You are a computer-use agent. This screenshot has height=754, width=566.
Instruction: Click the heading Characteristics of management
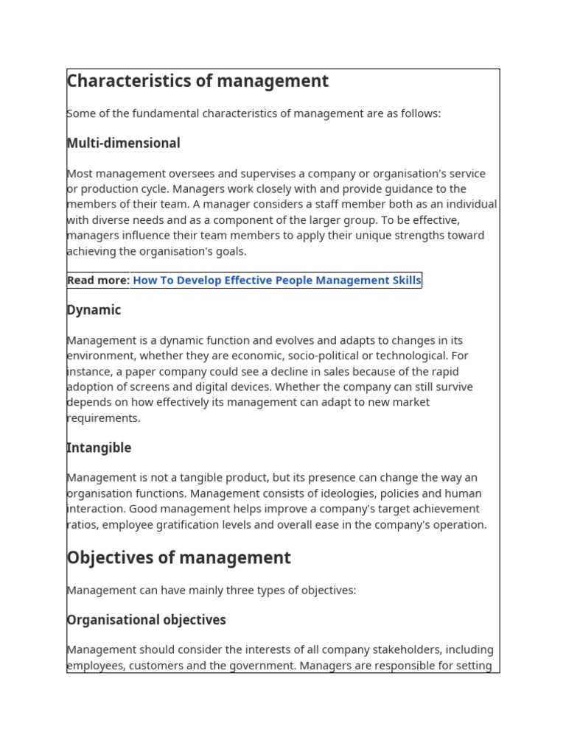pyautogui.click(x=198, y=81)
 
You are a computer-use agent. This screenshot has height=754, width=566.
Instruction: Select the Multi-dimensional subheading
pyautogui.click(x=123, y=143)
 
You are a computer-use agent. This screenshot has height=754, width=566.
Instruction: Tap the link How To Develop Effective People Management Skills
pyautogui.click(x=276, y=280)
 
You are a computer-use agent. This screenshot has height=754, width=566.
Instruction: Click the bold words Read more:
pyautogui.click(x=98, y=280)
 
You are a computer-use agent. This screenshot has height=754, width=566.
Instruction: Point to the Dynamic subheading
pyautogui.click(x=94, y=310)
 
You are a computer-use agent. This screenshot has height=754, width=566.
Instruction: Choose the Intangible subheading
pyautogui.click(x=99, y=448)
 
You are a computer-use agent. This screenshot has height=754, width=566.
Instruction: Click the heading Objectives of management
pyautogui.click(x=178, y=558)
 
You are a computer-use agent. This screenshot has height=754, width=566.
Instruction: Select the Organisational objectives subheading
pyautogui.click(x=146, y=620)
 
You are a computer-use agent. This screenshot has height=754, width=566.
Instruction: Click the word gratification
pyautogui.click(x=188, y=525)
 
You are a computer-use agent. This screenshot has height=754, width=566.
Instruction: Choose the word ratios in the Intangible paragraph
pyautogui.click(x=81, y=525)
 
